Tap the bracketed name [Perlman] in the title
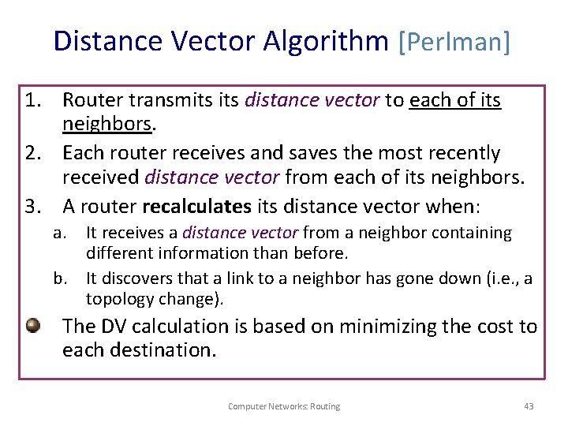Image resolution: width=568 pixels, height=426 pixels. pyautogui.click(x=455, y=40)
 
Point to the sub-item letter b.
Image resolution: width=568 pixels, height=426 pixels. pyautogui.click(x=59, y=278)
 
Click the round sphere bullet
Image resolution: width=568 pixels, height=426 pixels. pyautogui.click(x=32, y=324)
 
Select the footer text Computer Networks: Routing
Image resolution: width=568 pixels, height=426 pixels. pyautogui.click(x=284, y=406)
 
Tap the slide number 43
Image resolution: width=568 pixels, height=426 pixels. pyautogui.click(x=529, y=406)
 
